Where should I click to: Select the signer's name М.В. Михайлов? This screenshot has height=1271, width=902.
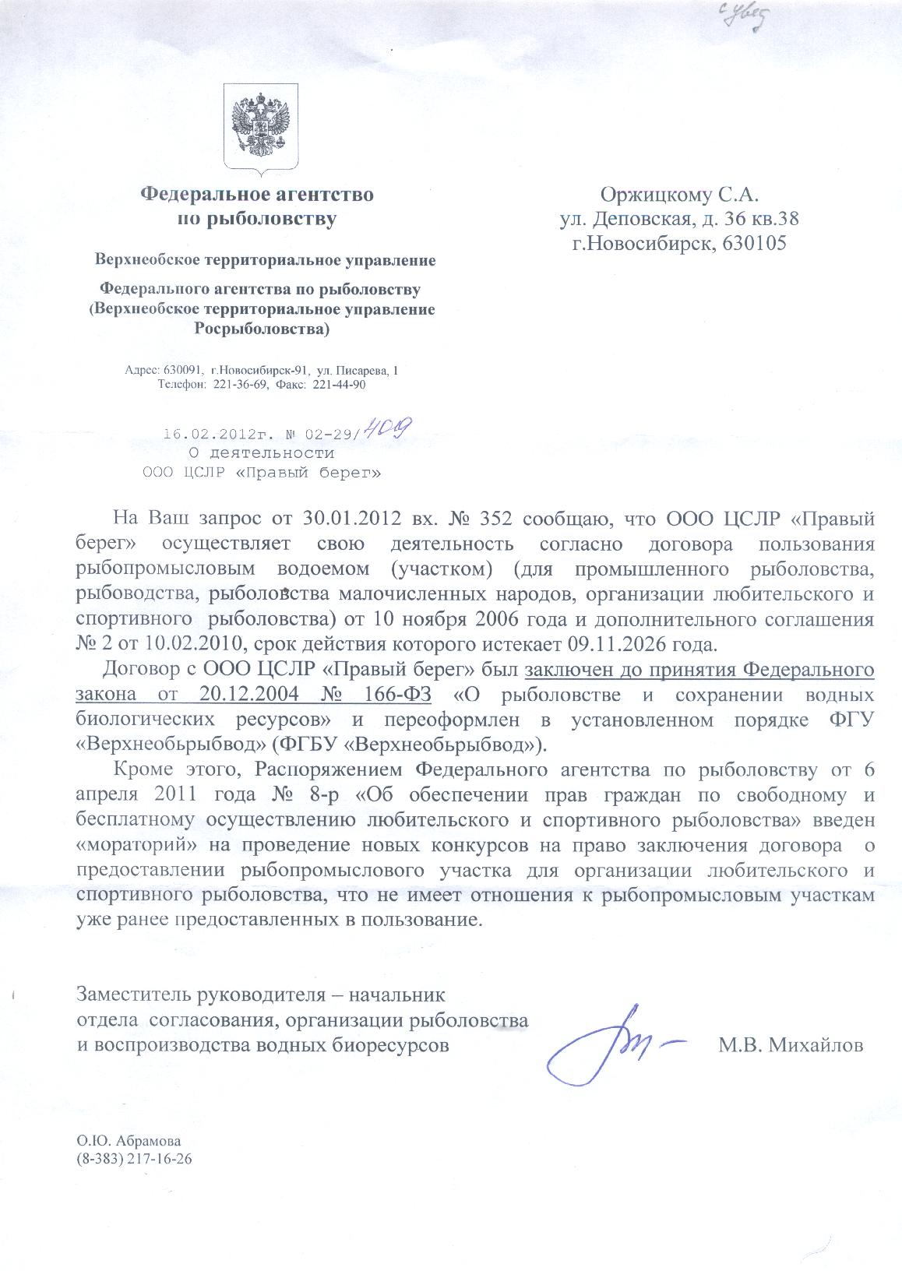coord(791,1045)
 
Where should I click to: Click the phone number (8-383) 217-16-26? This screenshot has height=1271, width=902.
coord(133,1158)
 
